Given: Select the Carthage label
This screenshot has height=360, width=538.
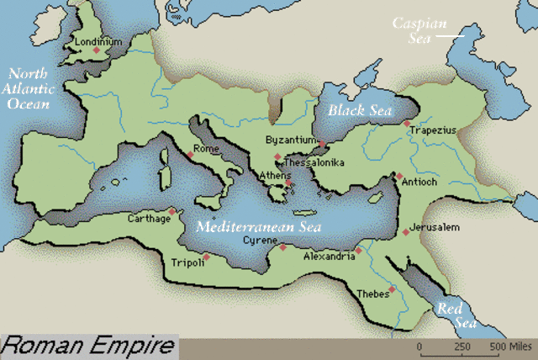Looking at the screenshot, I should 149,218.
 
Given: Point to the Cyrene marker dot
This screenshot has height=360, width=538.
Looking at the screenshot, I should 283,247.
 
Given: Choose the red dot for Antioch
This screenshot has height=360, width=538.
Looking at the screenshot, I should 398,177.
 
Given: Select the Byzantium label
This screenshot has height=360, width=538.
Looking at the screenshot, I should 289,140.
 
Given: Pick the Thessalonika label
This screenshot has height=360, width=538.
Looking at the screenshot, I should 314,161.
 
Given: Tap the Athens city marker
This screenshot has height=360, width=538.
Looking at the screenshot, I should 288,183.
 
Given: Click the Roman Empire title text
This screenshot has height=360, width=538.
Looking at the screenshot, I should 88,346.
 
